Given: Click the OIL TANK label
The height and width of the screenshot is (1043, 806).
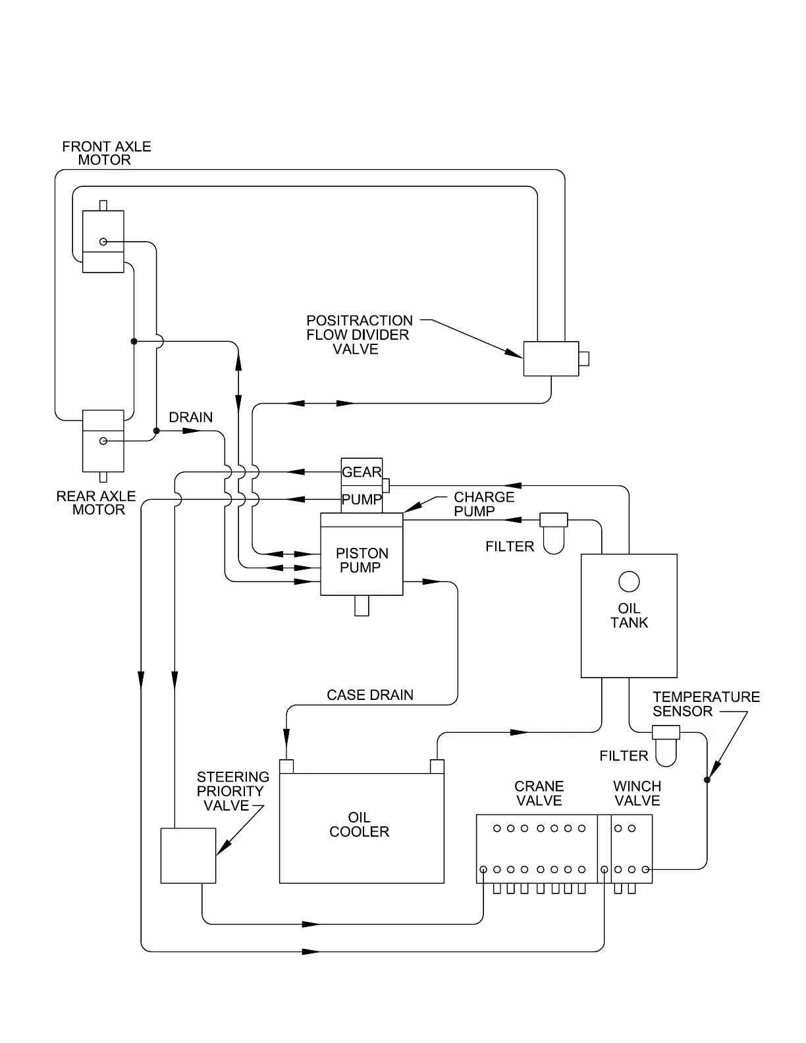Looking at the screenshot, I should click(x=629, y=616).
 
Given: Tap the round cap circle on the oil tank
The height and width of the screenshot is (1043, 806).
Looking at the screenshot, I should click(x=629, y=582).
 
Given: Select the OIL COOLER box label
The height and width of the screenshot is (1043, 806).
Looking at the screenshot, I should click(x=359, y=824).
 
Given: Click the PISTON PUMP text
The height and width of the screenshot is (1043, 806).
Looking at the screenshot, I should click(x=362, y=560).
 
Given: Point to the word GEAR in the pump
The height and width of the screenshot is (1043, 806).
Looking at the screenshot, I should click(x=362, y=472).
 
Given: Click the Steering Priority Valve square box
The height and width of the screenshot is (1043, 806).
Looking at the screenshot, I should click(x=188, y=855).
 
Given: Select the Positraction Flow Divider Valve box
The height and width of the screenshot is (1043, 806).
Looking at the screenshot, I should click(x=551, y=359).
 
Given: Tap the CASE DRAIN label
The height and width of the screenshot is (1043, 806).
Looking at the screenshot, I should click(x=370, y=695).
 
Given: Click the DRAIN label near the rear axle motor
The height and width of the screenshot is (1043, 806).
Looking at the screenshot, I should click(x=191, y=417).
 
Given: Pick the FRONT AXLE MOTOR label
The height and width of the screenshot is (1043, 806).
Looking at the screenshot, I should click(x=106, y=153).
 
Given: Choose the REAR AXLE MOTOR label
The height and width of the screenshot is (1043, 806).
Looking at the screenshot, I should click(x=96, y=503).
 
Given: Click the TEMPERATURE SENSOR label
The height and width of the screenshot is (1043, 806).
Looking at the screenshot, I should click(x=706, y=704).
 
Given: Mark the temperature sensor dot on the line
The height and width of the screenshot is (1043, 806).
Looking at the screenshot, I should click(x=707, y=780).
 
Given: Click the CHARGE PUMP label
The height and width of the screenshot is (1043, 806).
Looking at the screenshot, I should click(x=484, y=504).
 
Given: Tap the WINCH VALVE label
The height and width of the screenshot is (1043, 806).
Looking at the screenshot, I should click(x=637, y=793).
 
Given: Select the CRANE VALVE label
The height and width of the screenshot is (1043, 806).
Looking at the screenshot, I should click(x=539, y=793).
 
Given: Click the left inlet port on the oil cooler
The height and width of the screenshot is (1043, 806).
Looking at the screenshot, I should click(x=286, y=766).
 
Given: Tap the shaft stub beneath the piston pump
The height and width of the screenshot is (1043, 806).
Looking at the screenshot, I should click(x=362, y=606).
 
